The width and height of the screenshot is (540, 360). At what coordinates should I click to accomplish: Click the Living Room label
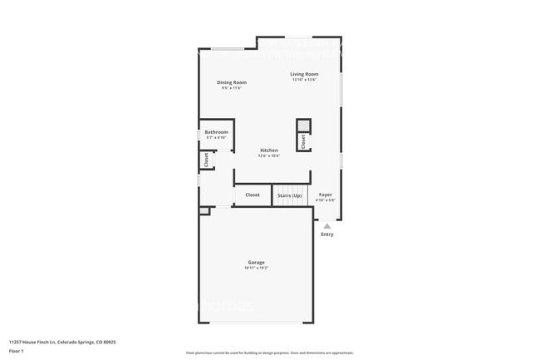click(304, 75)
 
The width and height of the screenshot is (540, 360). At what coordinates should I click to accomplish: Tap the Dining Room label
click(232, 82)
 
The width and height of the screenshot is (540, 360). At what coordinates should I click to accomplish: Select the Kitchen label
click(268, 150)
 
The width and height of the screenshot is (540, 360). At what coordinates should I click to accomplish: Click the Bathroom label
click(217, 132)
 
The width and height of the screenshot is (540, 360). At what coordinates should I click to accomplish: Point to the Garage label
click(256, 262)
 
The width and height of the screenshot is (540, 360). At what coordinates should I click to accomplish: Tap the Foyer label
click(326, 195)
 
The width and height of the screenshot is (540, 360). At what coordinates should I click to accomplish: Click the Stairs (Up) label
click(289, 195)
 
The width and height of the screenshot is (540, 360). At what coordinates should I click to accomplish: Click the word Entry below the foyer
click(327, 234)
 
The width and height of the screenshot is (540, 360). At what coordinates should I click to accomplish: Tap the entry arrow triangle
click(327, 224)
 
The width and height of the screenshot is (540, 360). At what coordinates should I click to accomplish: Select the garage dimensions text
click(256, 268)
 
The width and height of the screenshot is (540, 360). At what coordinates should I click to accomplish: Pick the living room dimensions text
click(304, 80)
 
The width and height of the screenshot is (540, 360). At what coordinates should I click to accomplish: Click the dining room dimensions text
click(232, 88)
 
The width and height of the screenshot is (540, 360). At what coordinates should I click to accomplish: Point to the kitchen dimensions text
click(268, 155)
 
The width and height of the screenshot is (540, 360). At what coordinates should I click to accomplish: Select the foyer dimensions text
click(326, 200)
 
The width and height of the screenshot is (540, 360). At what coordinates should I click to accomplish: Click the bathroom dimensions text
click(217, 137)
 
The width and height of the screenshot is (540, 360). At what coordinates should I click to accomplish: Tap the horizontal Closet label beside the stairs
click(253, 195)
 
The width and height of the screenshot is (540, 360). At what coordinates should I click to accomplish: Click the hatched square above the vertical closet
click(304, 126)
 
